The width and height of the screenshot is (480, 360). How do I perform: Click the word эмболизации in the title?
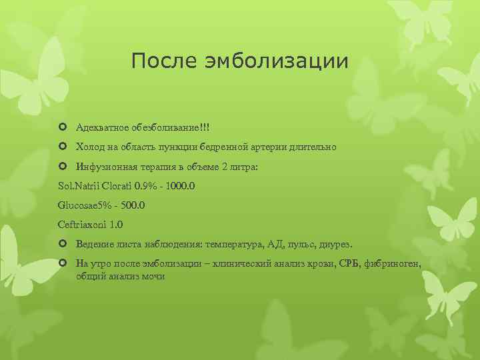tap(275, 61)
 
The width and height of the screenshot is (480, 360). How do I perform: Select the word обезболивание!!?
tap(174, 127)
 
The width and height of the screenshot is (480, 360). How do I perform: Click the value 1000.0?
tap(178, 187)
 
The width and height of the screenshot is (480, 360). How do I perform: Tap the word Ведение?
tap(94, 245)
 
